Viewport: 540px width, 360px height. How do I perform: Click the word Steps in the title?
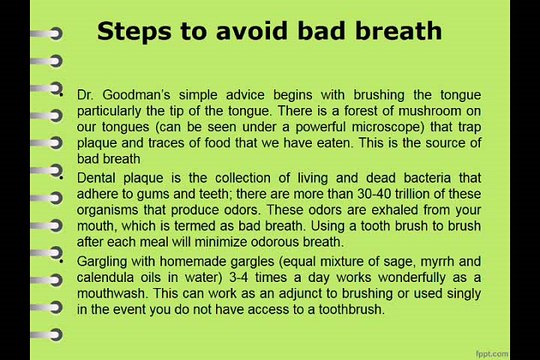pyautogui.click(x=134, y=32)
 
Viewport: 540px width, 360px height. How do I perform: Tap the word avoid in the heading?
pyautogui.click(x=252, y=31)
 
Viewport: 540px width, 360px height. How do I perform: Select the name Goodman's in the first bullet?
pyautogui.click(x=136, y=95)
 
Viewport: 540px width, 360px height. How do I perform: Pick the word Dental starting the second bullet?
pyautogui.click(x=96, y=178)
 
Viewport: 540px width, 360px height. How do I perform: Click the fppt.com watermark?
pyautogui.click(x=492, y=354)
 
